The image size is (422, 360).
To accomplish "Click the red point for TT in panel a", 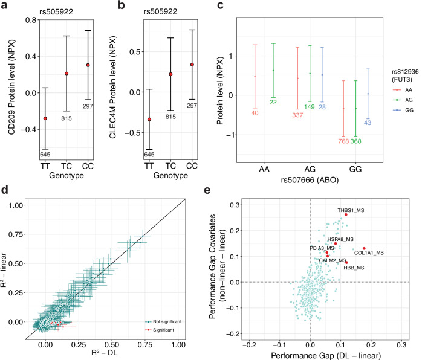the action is pos(45,118).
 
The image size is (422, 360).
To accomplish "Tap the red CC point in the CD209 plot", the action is pos(88,65).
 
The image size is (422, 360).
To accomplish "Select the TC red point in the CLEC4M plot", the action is pos(170,74).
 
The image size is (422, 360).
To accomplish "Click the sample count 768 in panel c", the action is pos(343,141).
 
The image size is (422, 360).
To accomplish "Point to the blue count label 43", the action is pos(368,123).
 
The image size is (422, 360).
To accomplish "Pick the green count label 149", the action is pos(310,107).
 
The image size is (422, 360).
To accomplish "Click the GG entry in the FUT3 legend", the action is pos(404,110).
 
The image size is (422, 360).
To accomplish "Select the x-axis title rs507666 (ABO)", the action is pos(310,180).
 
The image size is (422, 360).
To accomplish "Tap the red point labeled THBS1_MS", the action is pos(346,214).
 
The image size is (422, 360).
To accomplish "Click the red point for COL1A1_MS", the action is pos(364,248).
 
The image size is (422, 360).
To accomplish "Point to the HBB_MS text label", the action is pos(354,268).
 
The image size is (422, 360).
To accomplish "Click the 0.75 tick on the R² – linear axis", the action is pos(16,234).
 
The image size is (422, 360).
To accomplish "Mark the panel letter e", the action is pos(207,190).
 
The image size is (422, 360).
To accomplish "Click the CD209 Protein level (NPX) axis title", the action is pos(11,88).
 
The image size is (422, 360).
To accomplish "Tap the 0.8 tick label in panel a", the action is pos(31,20).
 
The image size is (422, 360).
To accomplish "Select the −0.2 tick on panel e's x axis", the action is pos(250,345).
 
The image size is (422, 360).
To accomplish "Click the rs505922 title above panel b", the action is pos(160,12).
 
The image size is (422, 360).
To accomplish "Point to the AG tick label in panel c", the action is pos(310,169).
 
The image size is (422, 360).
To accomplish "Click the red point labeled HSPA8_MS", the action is pos(336,243).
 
